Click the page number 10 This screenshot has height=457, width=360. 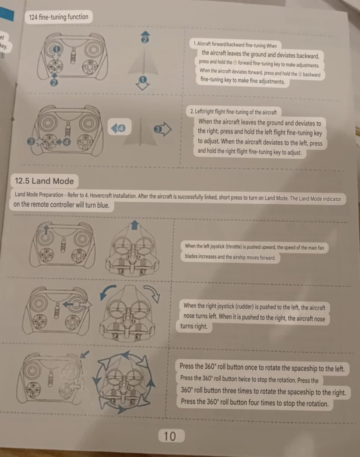(x=170, y=436)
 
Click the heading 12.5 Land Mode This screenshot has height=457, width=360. (x=44, y=181)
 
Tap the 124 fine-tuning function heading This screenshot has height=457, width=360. (x=59, y=17)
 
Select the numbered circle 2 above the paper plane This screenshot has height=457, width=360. (x=145, y=40)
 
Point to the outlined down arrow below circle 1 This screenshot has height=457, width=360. (x=143, y=86)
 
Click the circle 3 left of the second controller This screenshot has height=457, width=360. (x=31, y=141)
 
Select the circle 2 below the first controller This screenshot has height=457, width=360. (x=54, y=83)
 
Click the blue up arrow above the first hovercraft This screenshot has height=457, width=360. (x=134, y=225)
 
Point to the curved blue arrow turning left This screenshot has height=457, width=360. (x=107, y=292)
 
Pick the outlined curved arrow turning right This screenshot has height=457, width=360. (x=153, y=293)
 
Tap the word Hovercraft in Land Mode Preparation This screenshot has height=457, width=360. (x=101, y=195)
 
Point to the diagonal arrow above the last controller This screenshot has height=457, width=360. (x=85, y=354)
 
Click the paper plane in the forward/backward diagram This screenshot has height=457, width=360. (x=144, y=62)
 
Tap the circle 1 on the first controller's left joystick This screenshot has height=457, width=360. (x=56, y=49)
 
